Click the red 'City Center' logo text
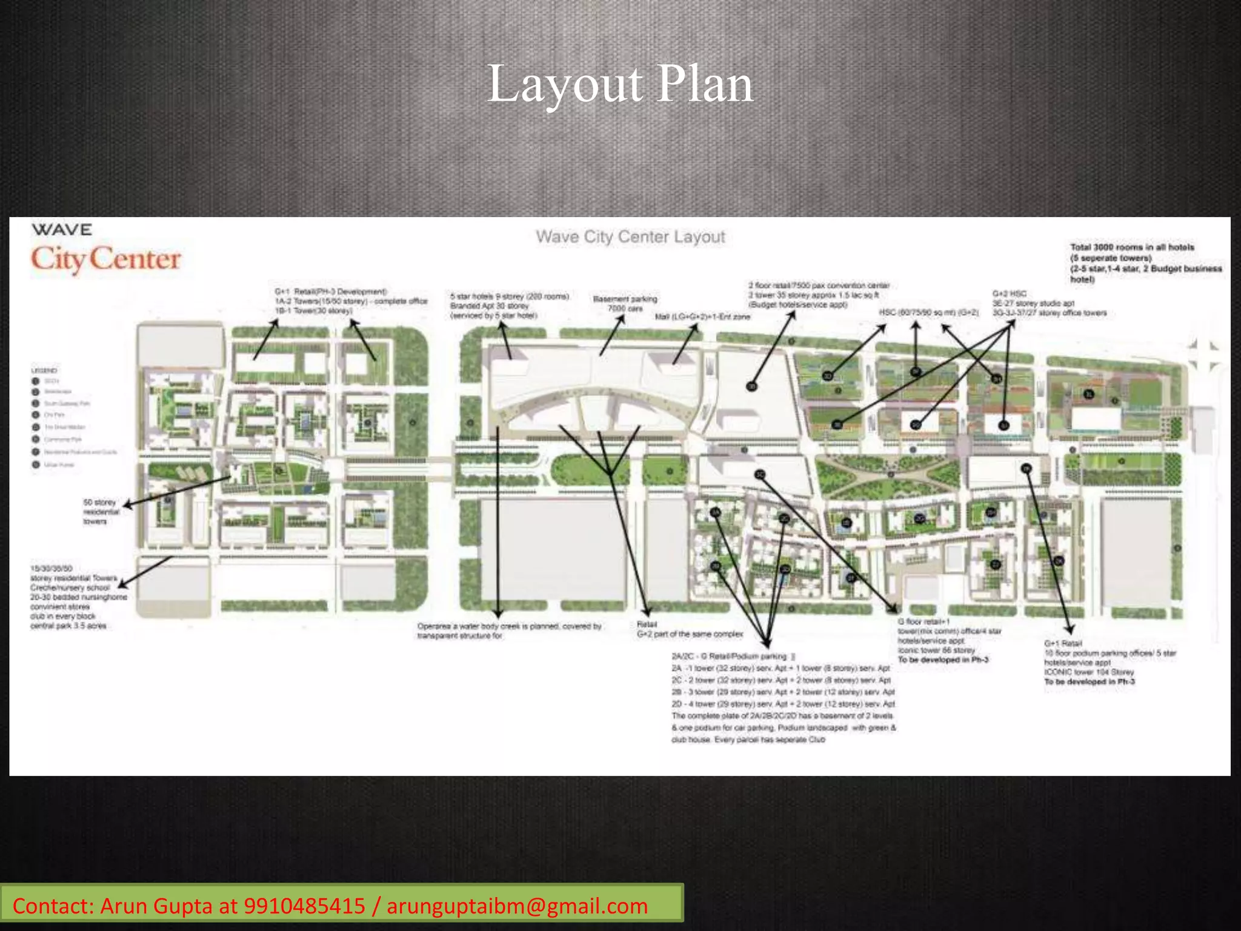pos(106,259)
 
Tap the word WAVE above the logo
pos(62,230)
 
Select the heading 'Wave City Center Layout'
pos(630,237)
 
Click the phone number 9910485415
pos(304,906)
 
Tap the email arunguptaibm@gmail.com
pos(517,906)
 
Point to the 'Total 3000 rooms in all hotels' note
pos(1132,247)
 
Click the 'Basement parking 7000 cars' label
pos(625,304)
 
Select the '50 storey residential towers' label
pos(100,512)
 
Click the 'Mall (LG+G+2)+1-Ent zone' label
pos(702,316)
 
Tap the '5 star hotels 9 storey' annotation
pos(510,296)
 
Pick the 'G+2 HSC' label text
pos(1009,293)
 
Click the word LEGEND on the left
pos(44,370)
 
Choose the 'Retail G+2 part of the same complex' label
pos(689,629)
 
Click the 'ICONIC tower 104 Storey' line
pos(1089,672)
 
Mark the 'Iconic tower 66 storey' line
pos(936,650)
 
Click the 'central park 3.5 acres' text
pos(68,626)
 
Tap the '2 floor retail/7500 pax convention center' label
pos(819,285)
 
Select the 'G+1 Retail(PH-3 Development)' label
pos(331,292)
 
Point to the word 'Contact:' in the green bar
pos(53,906)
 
